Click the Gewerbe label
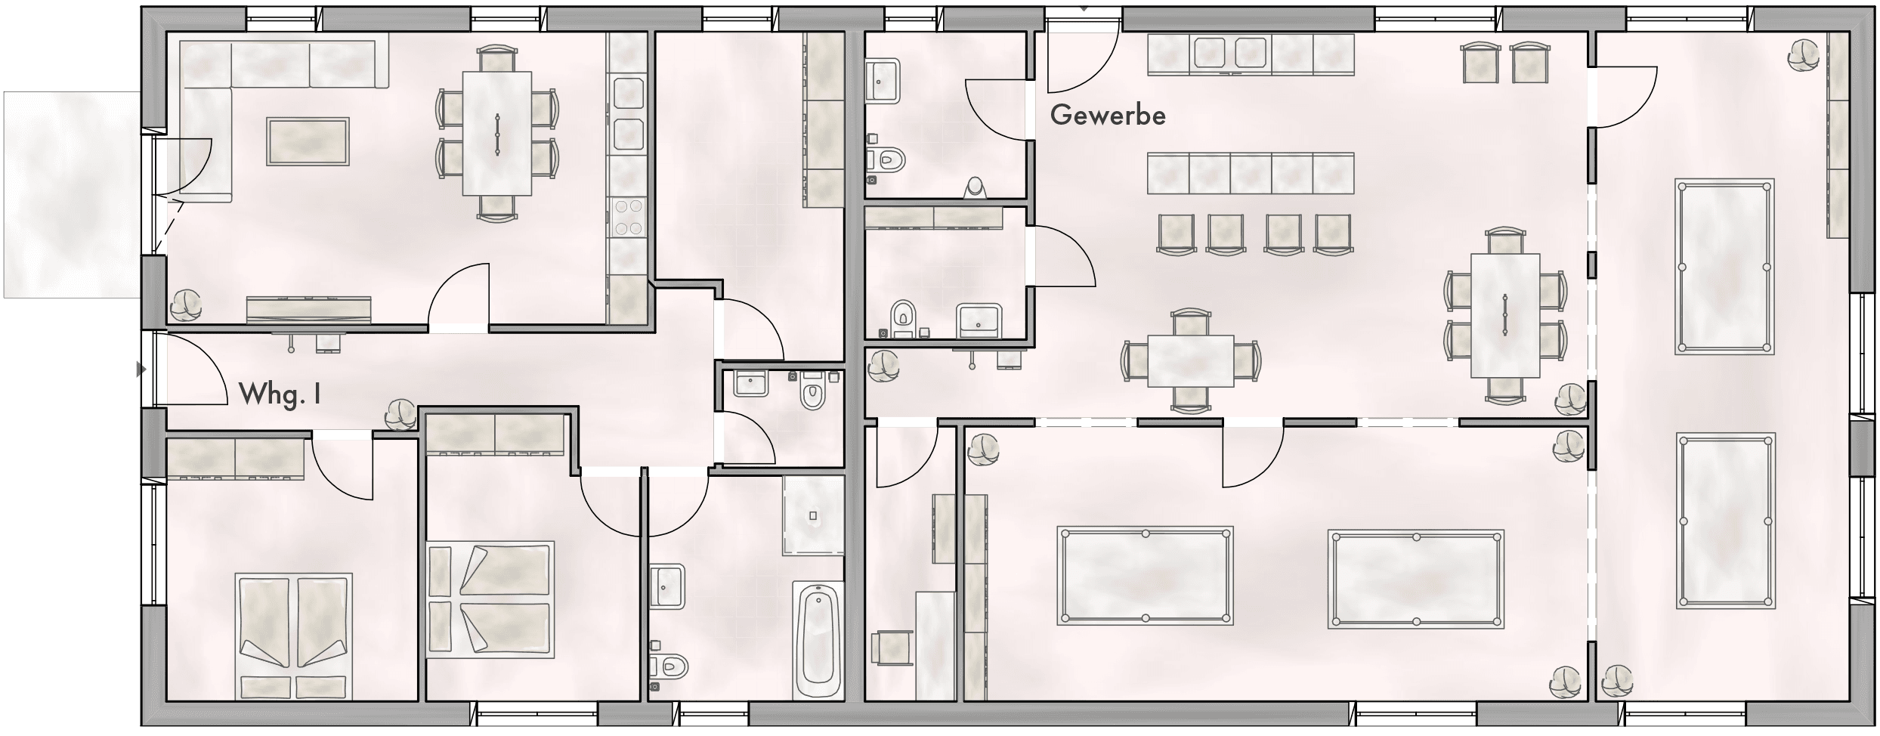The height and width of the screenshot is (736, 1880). pos(1108,116)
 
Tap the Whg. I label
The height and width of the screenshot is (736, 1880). pos(280,394)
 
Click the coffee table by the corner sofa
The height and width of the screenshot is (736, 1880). pos(308,141)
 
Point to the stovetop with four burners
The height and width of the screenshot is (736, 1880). pos(628,216)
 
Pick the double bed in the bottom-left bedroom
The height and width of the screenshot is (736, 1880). pos(294,635)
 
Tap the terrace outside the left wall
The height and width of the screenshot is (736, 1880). pos(72,195)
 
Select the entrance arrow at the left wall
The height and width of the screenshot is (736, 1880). pos(140,370)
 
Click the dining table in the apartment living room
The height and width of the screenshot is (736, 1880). pos(496,133)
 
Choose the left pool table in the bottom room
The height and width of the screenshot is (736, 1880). pos(1145,576)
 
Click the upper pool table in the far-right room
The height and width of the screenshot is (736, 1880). pos(1724,267)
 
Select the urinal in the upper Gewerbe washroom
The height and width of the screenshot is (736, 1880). pos(976,187)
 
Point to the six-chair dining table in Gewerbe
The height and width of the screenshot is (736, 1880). pos(1505,315)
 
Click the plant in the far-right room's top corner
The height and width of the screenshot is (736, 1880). pos(1804,54)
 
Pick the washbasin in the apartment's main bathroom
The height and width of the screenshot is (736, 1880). pos(666,586)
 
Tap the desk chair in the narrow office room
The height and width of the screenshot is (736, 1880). pos(889,648)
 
